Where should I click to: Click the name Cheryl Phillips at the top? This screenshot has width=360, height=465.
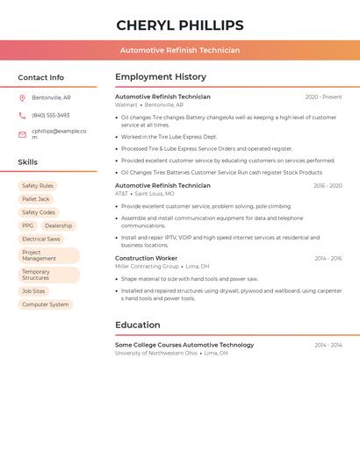coord(180,25)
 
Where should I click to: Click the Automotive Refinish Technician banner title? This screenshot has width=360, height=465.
coord(180,50)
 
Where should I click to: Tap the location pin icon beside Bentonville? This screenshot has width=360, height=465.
coord(22,97)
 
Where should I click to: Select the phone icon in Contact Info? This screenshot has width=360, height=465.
coord(22,116)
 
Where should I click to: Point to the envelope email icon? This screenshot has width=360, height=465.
coord(22,134)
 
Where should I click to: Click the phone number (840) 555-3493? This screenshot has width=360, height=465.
coord(50,115)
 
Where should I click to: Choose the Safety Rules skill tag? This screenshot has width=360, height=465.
coord(38,186)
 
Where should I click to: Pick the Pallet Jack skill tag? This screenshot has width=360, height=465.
coord(36,199)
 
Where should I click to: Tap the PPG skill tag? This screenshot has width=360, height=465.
coord(28,225)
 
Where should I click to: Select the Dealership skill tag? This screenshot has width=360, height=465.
coord(59,225)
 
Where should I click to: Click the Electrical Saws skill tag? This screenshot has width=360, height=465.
coord(41,239)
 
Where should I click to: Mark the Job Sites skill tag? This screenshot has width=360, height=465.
coord(33,291)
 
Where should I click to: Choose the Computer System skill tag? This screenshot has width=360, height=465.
coord(45,304)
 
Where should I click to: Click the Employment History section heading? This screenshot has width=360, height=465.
coord(161,77)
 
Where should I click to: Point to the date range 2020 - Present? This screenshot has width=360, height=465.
coord(323,97)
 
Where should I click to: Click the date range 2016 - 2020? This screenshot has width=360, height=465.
coord(328,186)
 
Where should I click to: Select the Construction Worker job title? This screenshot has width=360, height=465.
coord(146,259)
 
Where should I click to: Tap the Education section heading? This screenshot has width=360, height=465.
coord(137,325)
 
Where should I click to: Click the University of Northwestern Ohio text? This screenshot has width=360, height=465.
coord(156,353)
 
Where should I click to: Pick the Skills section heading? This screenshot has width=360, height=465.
coord(27,162)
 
